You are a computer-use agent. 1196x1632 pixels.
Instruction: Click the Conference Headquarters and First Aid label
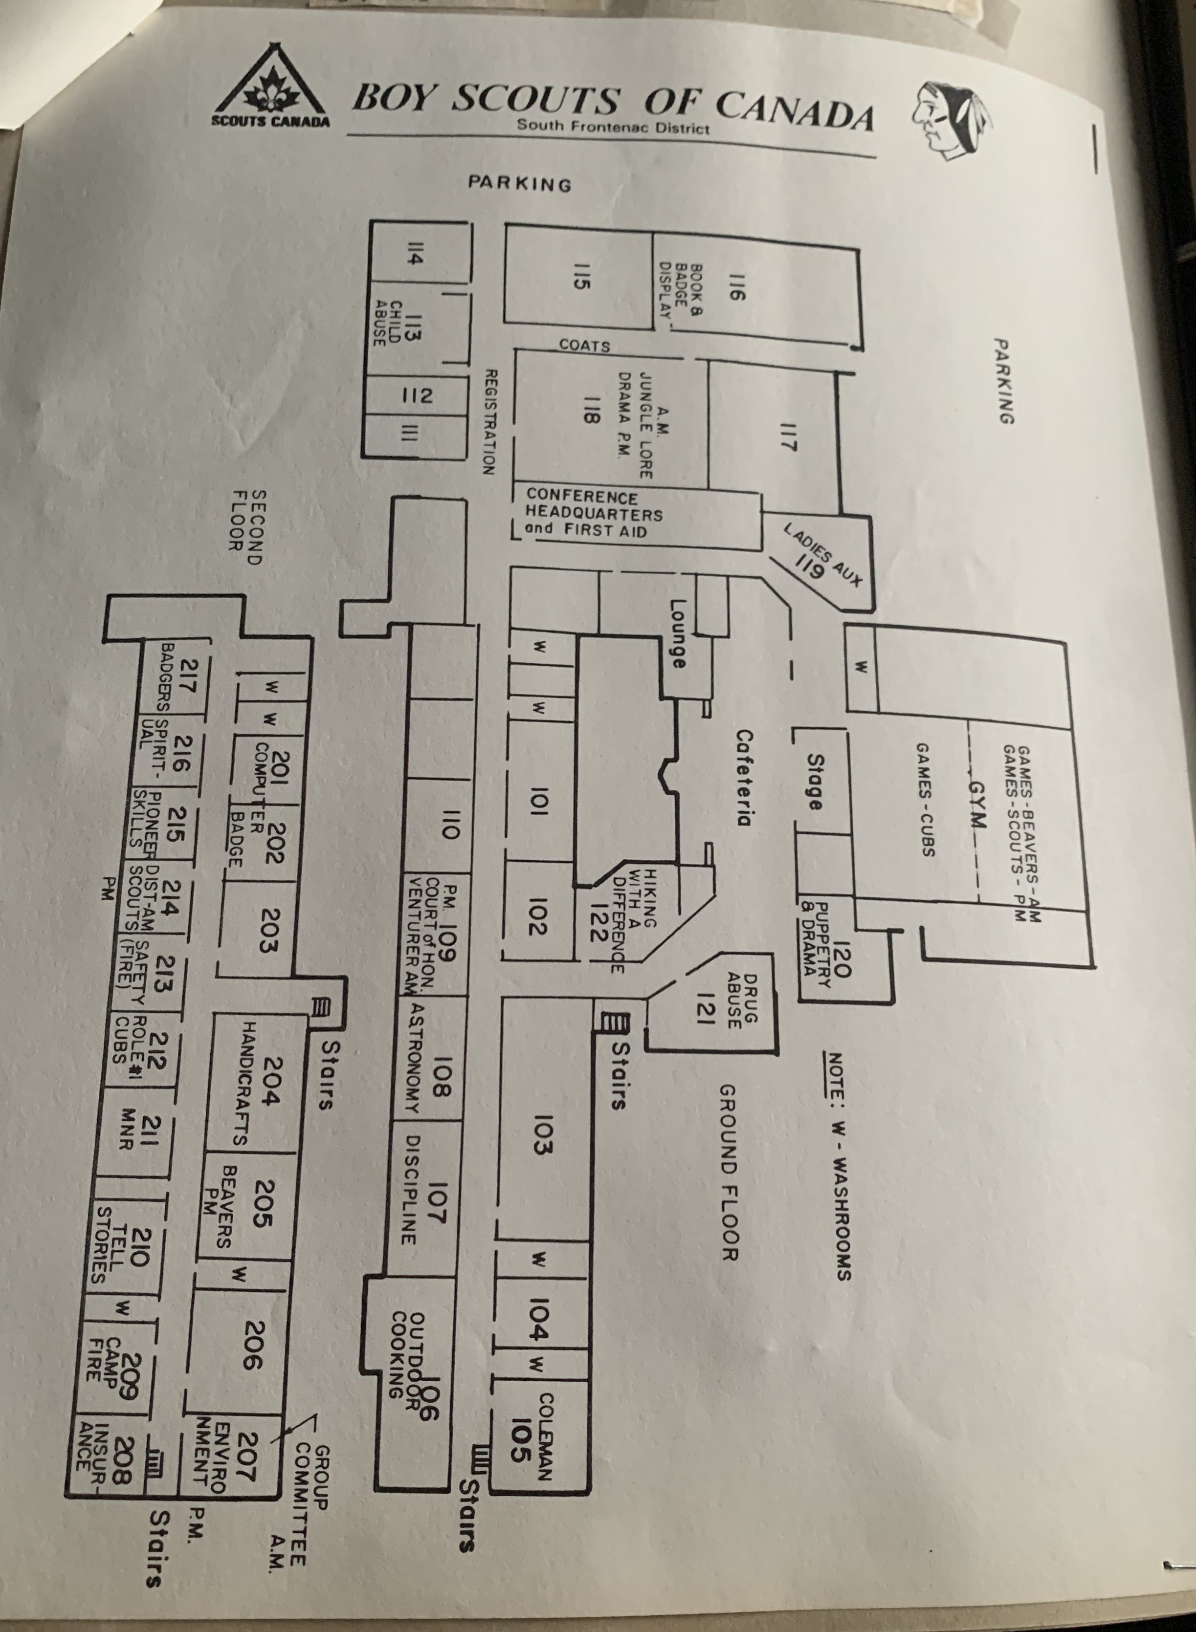pyautogui.click(x=594, y=513)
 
